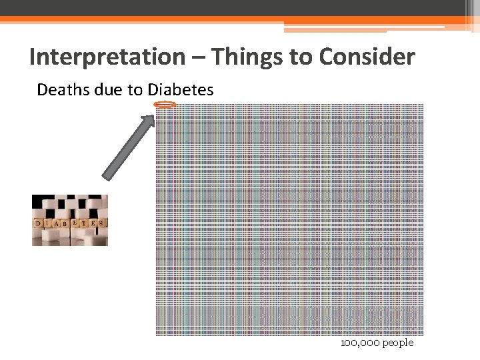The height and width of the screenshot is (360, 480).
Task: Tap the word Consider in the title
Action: pos(367,57)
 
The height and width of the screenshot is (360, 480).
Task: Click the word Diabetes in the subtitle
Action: pos(181,89)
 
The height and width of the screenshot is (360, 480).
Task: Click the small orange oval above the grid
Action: pos(165,105)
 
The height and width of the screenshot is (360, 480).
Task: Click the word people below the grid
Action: pos(397,343)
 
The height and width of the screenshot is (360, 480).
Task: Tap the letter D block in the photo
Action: pos(38,223)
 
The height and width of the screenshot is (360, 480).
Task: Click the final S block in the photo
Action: pos(101,223)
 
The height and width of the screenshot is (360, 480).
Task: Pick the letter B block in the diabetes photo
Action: pos(65,224)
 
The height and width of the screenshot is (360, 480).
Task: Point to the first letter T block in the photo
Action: pos(84,223)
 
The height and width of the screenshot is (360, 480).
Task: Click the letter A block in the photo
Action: pos(56,224)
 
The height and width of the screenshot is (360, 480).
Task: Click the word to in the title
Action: pos(303,57)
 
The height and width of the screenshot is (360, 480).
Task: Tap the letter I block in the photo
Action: pos(47,223)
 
